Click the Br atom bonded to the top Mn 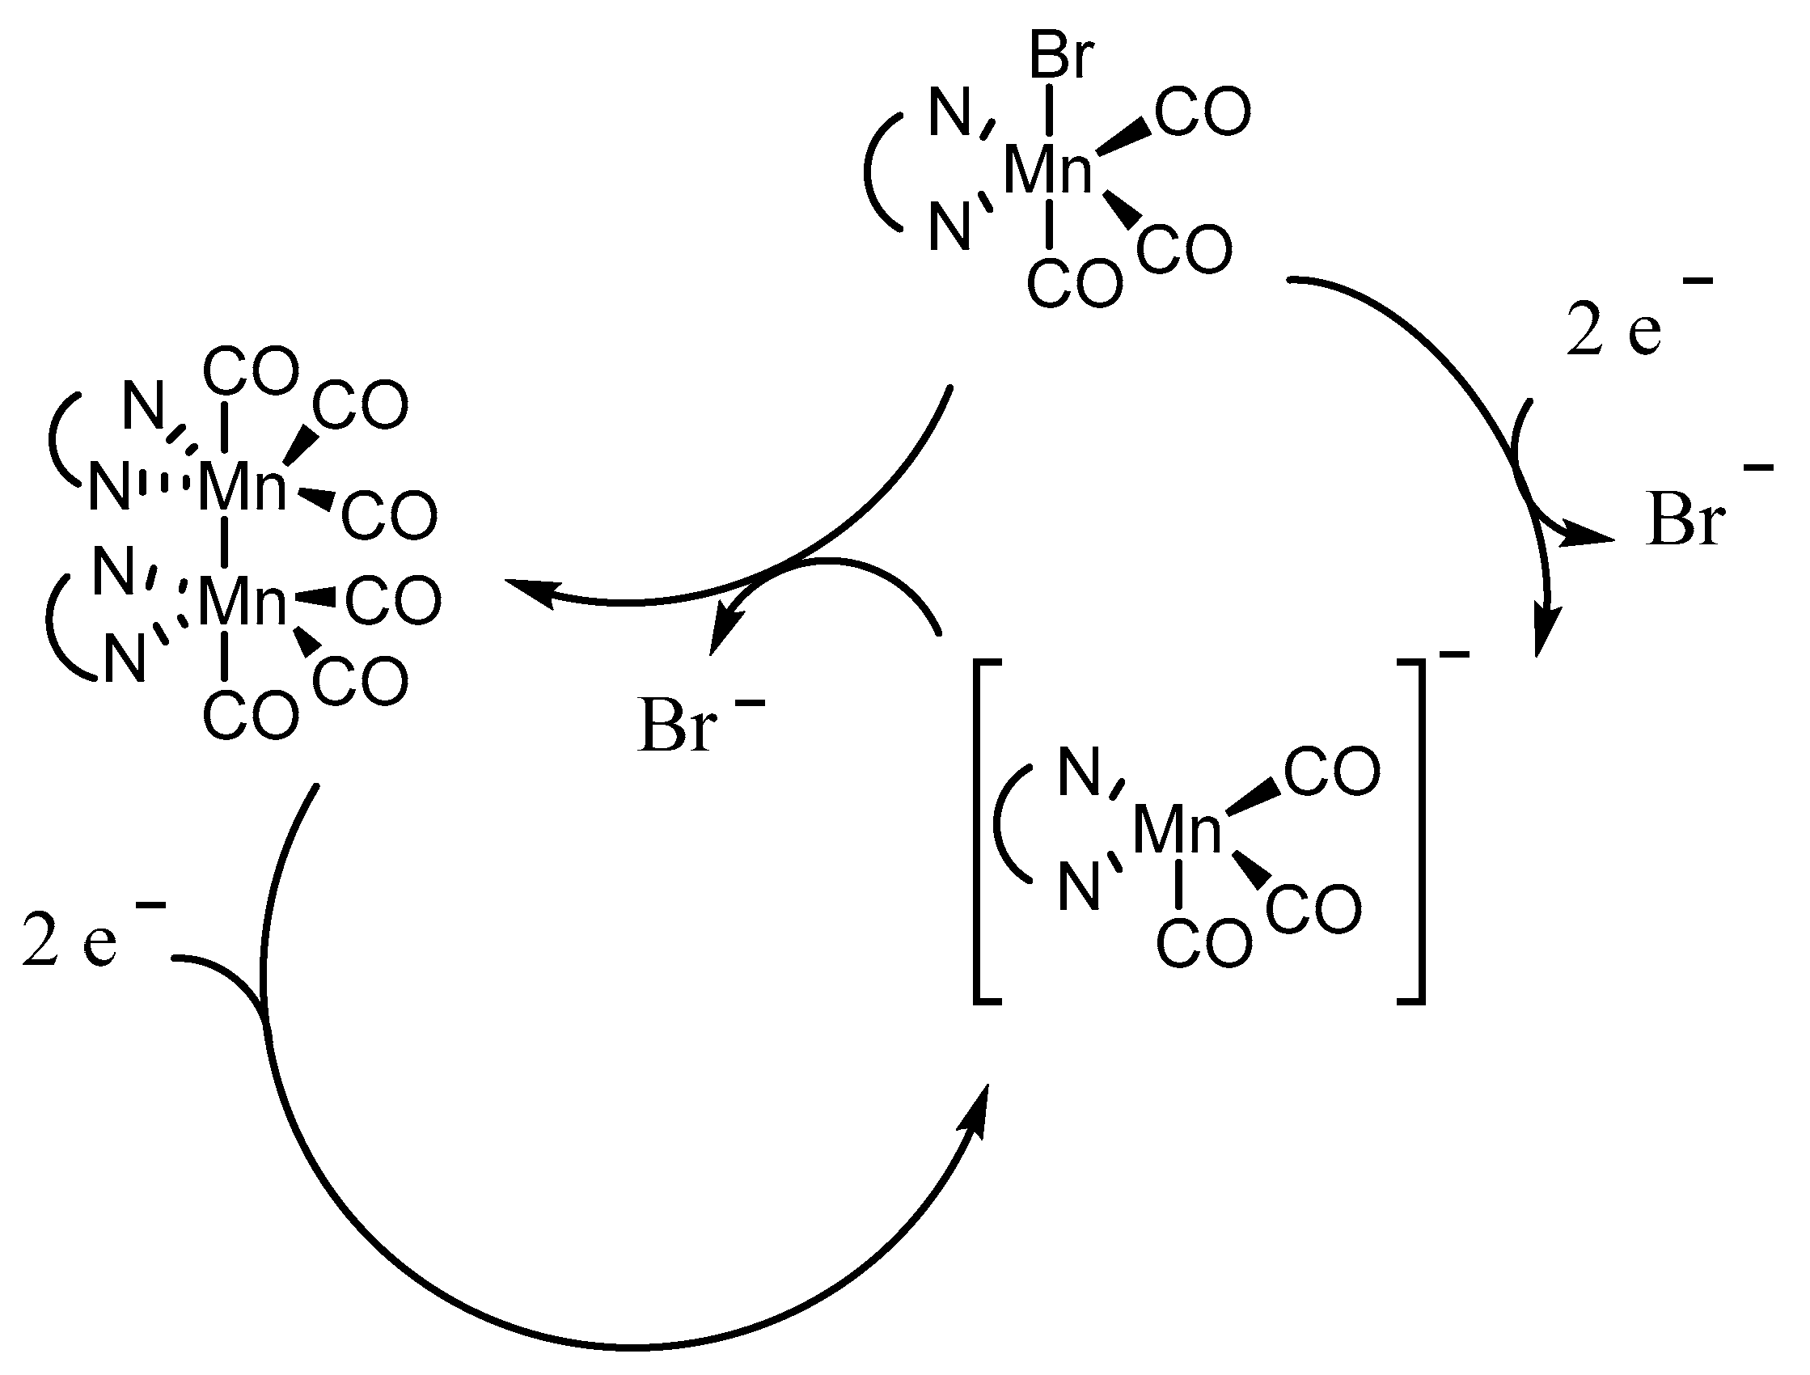point(1061,56)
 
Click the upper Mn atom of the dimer point(242,487)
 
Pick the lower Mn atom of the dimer point(242,602)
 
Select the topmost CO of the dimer point(251,371)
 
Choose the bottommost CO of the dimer point(251,715)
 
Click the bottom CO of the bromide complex point(1074,284)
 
